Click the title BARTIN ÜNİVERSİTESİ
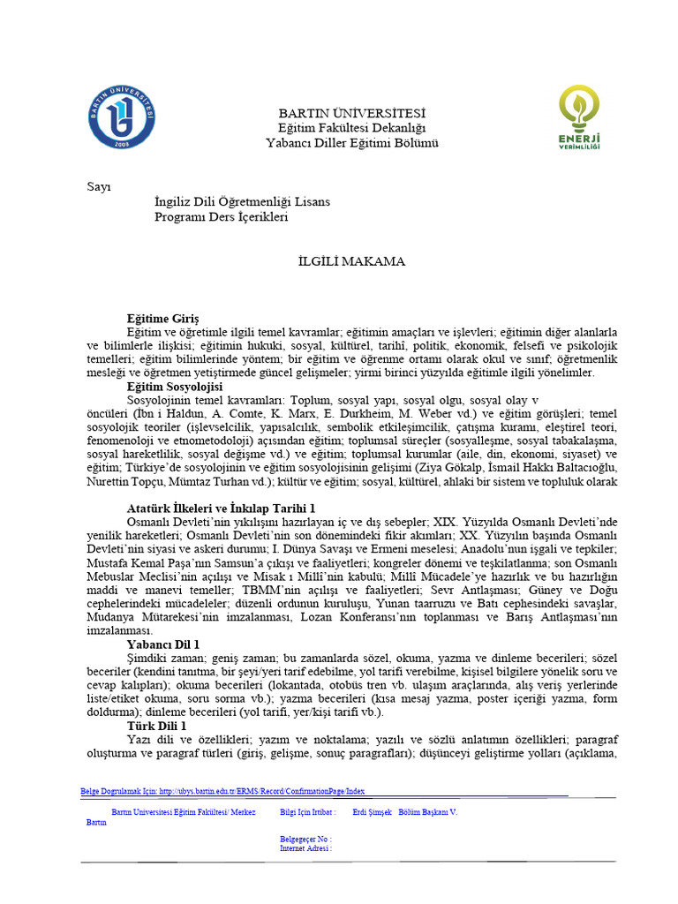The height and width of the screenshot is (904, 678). (351, 113)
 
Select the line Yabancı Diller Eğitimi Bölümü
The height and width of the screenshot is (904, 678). (351, 143)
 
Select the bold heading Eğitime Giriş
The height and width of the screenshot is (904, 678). (163, 317)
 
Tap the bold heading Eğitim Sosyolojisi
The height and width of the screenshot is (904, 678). (175, 387)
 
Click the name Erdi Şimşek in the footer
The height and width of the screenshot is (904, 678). (372, 811)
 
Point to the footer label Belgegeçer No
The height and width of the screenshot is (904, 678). (305, 839)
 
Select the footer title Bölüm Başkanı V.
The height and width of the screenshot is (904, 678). (428, 811)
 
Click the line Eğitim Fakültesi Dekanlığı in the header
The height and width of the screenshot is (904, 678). (351, 128)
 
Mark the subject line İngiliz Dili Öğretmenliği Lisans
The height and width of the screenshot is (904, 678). (242, 201)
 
